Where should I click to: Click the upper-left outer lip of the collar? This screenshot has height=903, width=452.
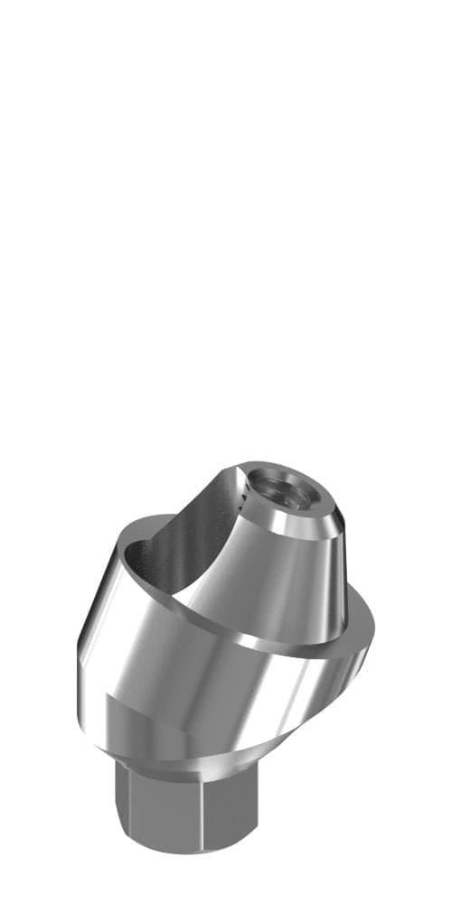pyautogui.click(x=127, y=542)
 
